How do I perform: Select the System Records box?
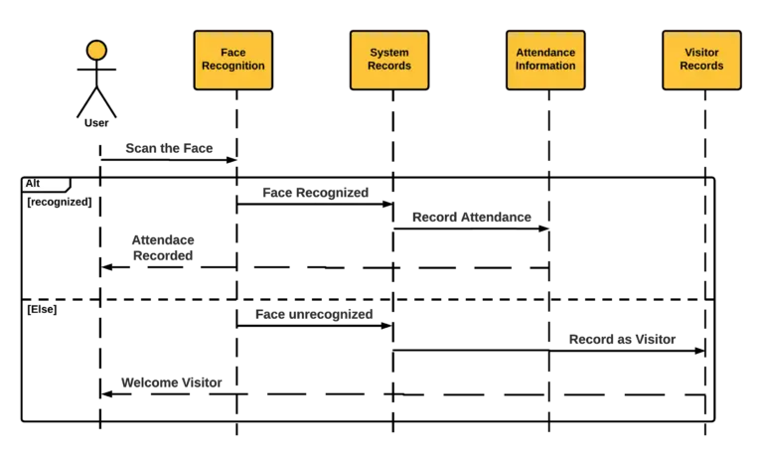pos(389,60)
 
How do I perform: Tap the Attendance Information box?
pos(545,60)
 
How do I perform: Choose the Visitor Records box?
pos(701,60)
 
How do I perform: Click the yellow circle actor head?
pos(96,50)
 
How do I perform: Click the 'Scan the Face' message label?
pos(169,149)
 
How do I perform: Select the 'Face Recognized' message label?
pos(316,193)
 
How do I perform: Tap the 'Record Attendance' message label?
pos(472,217)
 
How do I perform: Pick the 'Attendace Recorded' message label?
pos(163,247)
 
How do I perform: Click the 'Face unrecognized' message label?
pos(314,314)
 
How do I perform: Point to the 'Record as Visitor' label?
pos(622,340)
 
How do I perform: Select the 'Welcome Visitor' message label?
pos(171,382)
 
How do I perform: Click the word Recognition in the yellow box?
pos(233,67)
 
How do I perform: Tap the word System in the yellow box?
pos(389,53)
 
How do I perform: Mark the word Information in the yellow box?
pos(545,67)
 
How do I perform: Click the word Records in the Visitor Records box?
pos(701,67)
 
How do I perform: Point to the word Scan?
pos(141,149)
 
